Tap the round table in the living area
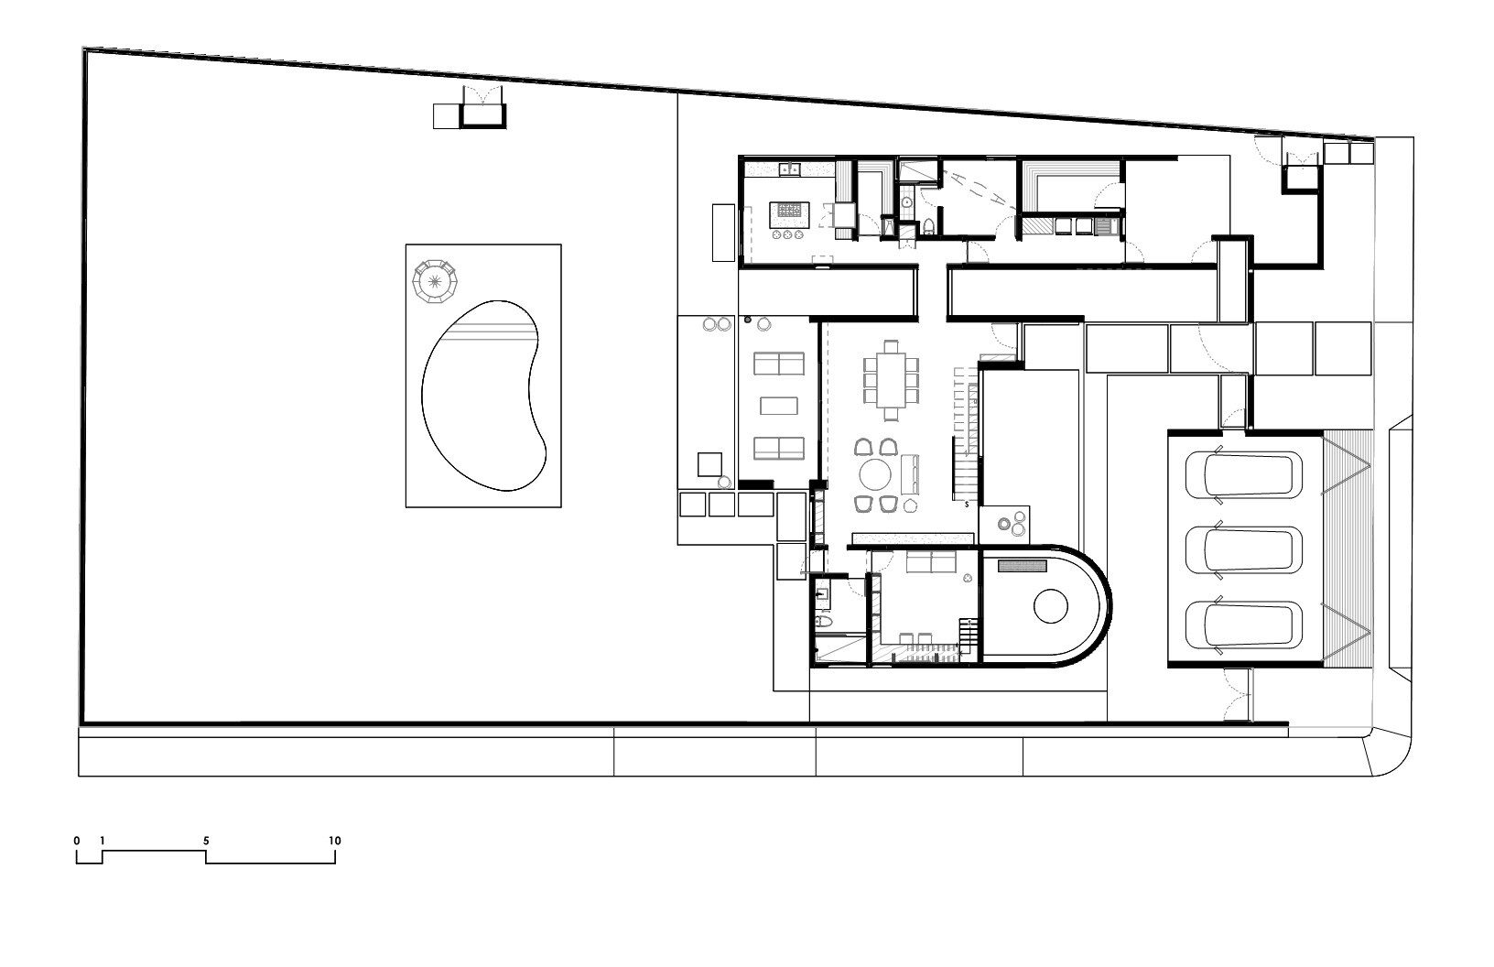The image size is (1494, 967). [875, 476]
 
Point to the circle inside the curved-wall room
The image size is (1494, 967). [1050, 605]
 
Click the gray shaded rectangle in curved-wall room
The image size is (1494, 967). [1023, 567]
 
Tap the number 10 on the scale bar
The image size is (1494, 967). [335, 841]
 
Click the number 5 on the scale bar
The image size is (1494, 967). [207, 841]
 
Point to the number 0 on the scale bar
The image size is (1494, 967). [77, 841]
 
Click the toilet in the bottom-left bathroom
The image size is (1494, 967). [823, 624]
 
